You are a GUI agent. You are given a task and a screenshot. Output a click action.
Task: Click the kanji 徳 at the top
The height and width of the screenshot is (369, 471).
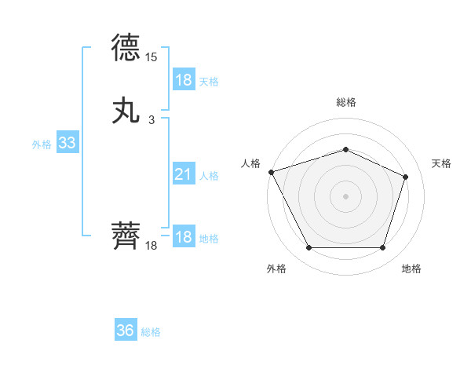pyautogui.click(x=127, y=49)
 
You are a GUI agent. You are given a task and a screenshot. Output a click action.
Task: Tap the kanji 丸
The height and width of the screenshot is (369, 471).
pyautogui.click(x=127, y=110)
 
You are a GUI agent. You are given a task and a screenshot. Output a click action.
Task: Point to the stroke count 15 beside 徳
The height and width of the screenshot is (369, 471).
pyautogui.click(x=152, y=57)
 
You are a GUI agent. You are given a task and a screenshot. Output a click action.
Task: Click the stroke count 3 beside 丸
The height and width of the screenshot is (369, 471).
pyautogui.click(x=152, y=119)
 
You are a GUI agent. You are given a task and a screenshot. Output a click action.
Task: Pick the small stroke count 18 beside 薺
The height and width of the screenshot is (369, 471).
pyautogui.click(x=152, y=246)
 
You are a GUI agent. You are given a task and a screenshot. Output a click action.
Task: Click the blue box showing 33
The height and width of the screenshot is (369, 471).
pyautogui.click(x=67, y=143)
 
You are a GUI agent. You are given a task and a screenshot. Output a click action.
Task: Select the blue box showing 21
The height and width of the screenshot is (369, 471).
pyautogui.click(x=183, y=174)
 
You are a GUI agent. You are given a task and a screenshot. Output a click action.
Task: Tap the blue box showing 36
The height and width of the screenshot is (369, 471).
pyautogui.click(x=126, y=331)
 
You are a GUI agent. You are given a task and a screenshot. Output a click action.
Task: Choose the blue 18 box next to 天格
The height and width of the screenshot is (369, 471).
pyautogui.click(x=183, y=79)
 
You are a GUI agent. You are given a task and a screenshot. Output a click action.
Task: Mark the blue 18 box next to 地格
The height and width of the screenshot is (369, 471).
pyautogui.click(x=183, y=237)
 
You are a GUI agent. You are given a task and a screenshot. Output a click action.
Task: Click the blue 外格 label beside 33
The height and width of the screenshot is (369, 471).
pyautogui.click(x=42, y=144)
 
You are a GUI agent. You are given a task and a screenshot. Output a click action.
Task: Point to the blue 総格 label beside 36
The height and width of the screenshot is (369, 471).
pyautogui.click(x=151, y=332)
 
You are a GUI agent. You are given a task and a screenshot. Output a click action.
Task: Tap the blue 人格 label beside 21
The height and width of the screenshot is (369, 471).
pyautogui.click(x=209, y=176)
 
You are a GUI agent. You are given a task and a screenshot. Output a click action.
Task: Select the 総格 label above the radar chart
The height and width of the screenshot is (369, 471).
pyautogui.click(x=345, y=102)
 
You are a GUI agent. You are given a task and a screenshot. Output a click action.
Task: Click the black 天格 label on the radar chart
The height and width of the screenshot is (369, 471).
pyautogui.click(x=441, y=163)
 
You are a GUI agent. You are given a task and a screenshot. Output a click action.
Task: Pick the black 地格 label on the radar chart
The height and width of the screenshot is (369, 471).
pyautogui.click(x=411, y=269)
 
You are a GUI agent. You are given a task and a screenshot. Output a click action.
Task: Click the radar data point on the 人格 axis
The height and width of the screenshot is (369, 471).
pyautogui.click(x=271, y=172)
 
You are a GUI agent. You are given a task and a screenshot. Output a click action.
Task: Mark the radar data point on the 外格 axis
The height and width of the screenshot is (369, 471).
pyautogui.click(x=309, y=248)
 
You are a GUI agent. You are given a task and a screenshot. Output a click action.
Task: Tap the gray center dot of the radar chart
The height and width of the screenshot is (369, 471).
pyautogui.click(x=345, y=196)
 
